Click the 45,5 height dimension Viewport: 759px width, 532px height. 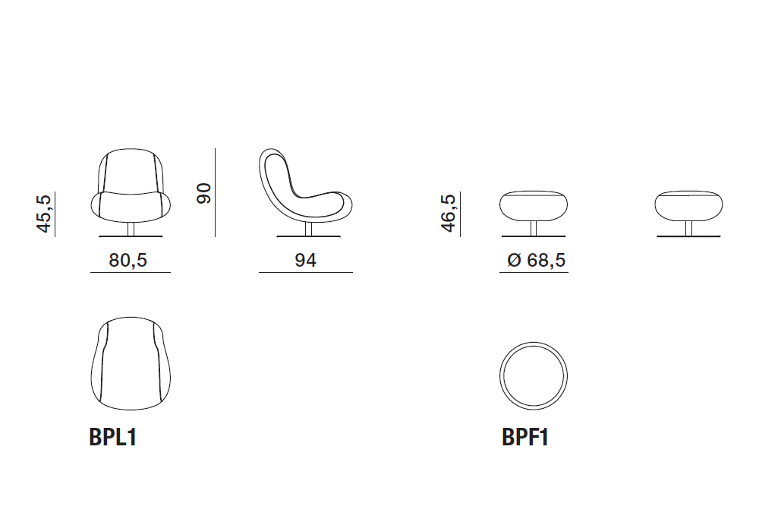(43, 214)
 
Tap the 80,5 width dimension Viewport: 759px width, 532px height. (128, 260)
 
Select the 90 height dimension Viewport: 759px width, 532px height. (203, 193)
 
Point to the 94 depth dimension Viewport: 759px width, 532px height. (305, 260)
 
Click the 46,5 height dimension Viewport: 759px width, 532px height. (449, 214)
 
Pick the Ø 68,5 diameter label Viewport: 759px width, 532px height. (537, 260)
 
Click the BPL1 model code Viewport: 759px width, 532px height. (113, 437)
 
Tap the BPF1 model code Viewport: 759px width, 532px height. (525, 437)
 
